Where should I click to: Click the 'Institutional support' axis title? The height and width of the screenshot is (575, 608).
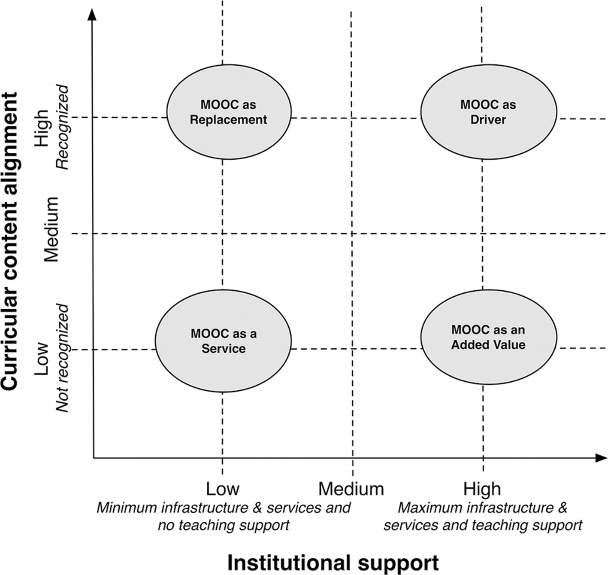[333, 562]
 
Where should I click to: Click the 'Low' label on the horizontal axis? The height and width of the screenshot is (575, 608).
[222, 489]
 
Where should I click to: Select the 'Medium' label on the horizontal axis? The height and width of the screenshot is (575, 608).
[351, 489]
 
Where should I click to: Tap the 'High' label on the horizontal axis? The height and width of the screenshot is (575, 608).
[482, 489]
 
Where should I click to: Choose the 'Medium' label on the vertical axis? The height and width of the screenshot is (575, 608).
[51, 229]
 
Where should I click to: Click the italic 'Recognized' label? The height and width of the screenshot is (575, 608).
[63, 127]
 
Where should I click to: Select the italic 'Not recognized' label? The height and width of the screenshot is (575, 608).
[63, 358]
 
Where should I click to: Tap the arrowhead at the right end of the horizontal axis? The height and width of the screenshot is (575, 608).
[601, 458]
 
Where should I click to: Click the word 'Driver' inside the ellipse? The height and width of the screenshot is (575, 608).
[488, 120]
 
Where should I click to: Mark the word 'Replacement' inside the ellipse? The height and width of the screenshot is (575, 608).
[229, 120]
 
